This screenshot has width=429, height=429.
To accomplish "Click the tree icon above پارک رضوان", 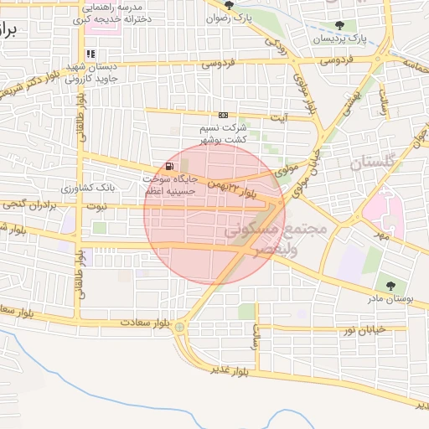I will click(x=229, y=5).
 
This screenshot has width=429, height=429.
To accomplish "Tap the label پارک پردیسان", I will click(x=340, y=39).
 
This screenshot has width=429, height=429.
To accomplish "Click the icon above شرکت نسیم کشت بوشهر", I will click(x=223, y=115).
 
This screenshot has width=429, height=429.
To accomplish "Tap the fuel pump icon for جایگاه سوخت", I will click(x=171, y=166).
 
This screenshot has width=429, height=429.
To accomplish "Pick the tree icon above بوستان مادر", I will click(x=390, y=285).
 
